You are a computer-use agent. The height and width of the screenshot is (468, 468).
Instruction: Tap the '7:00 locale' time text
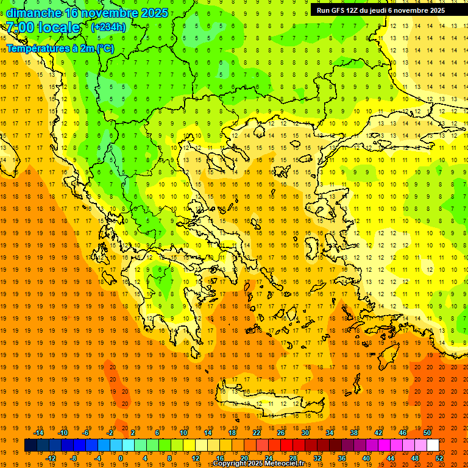43,27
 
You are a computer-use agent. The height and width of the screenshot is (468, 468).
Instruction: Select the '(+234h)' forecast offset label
108,27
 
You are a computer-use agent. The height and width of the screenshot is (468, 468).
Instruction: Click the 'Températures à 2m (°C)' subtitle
60,48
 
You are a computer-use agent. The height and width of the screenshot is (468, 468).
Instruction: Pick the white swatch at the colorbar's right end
433,445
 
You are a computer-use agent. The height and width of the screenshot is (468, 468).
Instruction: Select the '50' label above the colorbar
427,433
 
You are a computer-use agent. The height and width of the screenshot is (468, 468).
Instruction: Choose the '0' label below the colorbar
121,458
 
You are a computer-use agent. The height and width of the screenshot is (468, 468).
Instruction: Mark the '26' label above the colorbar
281,433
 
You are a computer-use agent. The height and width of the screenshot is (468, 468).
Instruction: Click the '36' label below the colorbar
342,458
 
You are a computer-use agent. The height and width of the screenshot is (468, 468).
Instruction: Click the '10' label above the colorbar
183,433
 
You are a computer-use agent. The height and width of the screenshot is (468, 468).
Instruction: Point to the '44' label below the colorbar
391,458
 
